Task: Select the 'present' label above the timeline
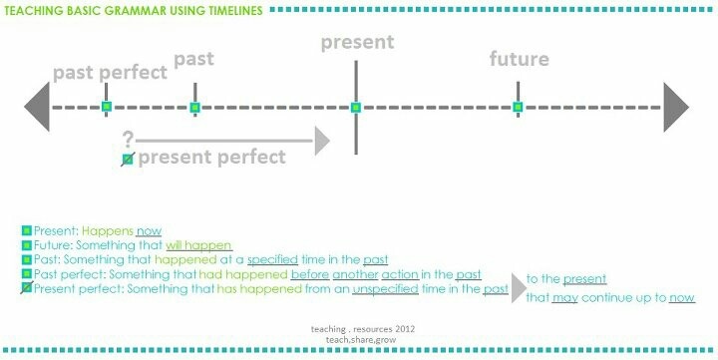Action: click(357, 42)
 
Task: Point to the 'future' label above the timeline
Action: click(519, 59)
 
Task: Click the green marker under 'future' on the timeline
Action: click(518, 107)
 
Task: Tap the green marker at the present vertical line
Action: click(356, 107)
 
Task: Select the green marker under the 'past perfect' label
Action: click(107, 107)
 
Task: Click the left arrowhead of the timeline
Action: click(37, 107)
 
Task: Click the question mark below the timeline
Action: click(127, 139)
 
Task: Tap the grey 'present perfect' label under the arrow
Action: click(211, 157)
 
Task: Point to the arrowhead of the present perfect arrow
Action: click(321, 140)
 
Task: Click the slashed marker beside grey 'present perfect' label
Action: click(127, 159)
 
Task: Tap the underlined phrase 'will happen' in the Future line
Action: click(198, 245)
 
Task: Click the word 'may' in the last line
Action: click(565, 297)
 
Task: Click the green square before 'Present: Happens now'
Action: click(27, 230)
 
